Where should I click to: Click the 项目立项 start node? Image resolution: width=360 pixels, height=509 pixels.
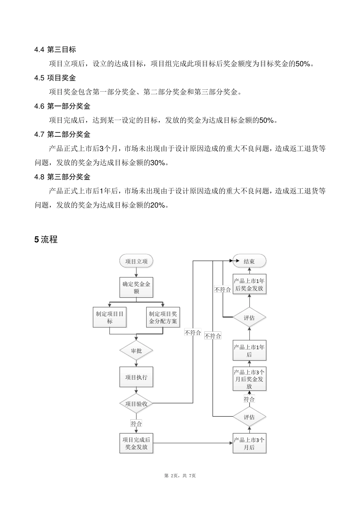pos(136,261)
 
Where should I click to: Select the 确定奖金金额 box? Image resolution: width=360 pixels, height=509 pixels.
pos(136,287)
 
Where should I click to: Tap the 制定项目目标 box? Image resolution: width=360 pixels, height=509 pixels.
pos(110,317)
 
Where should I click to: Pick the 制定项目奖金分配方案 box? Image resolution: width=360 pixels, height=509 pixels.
pos(163,317)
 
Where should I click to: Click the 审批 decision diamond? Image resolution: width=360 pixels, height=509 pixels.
pos(136,351)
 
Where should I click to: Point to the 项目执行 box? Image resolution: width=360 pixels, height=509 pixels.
pos(136,377)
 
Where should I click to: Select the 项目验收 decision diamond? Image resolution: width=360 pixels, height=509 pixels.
pos(136,404)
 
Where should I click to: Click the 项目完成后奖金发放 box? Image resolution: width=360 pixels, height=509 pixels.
pos(136,443)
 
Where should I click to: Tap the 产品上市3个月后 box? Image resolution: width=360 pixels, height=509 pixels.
pos(249,443)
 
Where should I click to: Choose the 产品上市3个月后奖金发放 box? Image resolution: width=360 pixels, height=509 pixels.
pos(249,379)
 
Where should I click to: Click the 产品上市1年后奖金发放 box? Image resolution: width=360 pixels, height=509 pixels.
pos(249,284)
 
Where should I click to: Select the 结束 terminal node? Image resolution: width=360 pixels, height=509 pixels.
pos(249,261)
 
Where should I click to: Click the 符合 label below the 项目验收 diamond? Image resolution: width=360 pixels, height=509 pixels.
pos(136,424)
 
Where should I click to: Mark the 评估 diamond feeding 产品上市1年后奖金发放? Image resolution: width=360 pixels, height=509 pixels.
pos(249,318)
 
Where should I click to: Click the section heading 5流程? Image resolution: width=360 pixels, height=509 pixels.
pos(46,239)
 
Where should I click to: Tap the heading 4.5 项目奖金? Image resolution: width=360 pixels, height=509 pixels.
pos(55,78)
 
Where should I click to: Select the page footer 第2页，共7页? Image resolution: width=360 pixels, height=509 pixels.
pos(180,476)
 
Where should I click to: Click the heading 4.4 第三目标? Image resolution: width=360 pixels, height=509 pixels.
pos(55,50)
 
